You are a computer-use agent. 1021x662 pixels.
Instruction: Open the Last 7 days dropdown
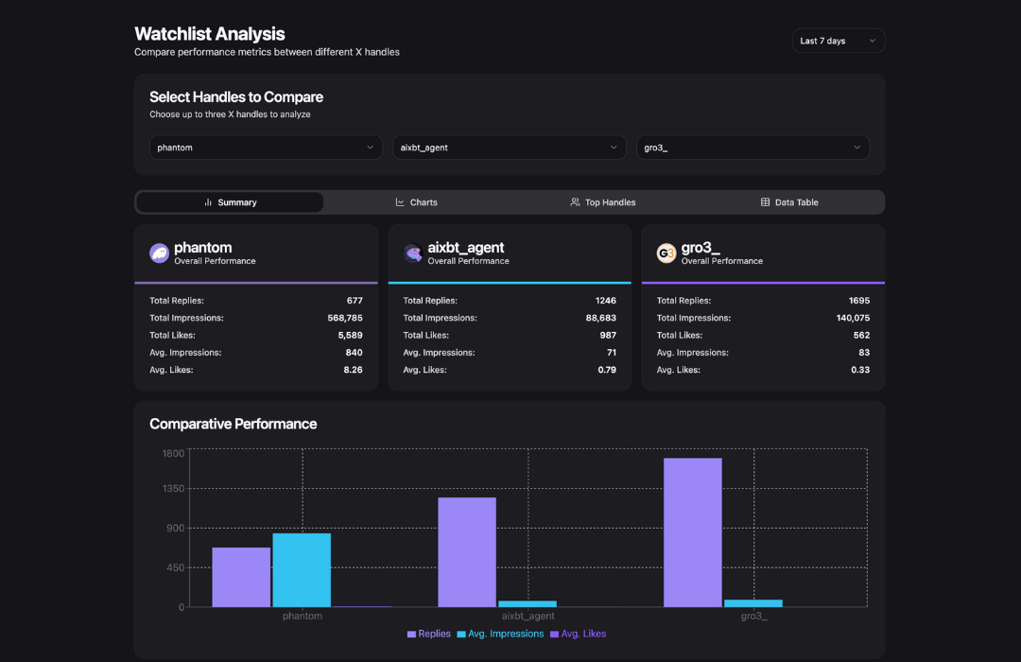pyautogui.click(x=838, y=41)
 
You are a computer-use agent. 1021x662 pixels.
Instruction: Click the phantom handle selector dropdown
pyautogui.click(x=264, y=148)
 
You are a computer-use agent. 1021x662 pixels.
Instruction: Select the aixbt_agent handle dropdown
pyautogui.click(x=509, y=148)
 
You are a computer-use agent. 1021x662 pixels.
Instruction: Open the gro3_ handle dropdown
pyautogui.click(x=753, y=148)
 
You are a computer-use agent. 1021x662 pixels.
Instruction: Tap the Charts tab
pyautogui.click(x=416, y=202)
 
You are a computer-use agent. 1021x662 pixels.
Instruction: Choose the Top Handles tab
pyautogui.click(x=602, y=202)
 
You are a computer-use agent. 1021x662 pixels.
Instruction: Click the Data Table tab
pyautogui.click(x=789, y=202)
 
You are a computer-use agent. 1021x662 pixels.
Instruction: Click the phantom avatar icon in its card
pyautogui.click(x=159, y=253)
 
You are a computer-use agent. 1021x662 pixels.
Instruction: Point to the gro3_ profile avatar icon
pyautogui.click(x=666, y=253)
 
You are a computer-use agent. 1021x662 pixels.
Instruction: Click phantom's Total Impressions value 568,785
pyautogui.click(x=344, y=318)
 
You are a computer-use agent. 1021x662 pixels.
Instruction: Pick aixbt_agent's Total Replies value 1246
pyautogui.click(x=605, y=301)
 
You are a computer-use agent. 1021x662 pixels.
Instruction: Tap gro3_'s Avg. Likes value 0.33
pyautogui.click(x=860, y=370)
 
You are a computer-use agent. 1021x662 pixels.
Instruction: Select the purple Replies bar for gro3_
pyautogui.click(x=692, y=532)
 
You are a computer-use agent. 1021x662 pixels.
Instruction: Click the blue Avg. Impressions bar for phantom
pyautogui.click(x=302, y=570)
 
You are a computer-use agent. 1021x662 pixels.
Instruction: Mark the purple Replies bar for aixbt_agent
pyautogui.click(x=466, y=552)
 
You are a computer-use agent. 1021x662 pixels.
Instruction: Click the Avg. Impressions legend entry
pyautogui.click(x=500, y=634)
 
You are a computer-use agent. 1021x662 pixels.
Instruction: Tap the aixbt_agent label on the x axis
pyautogui.click(x=528, y=616)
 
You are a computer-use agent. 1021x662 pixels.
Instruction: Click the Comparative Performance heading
pyautogui.click(x=233, y=424)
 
